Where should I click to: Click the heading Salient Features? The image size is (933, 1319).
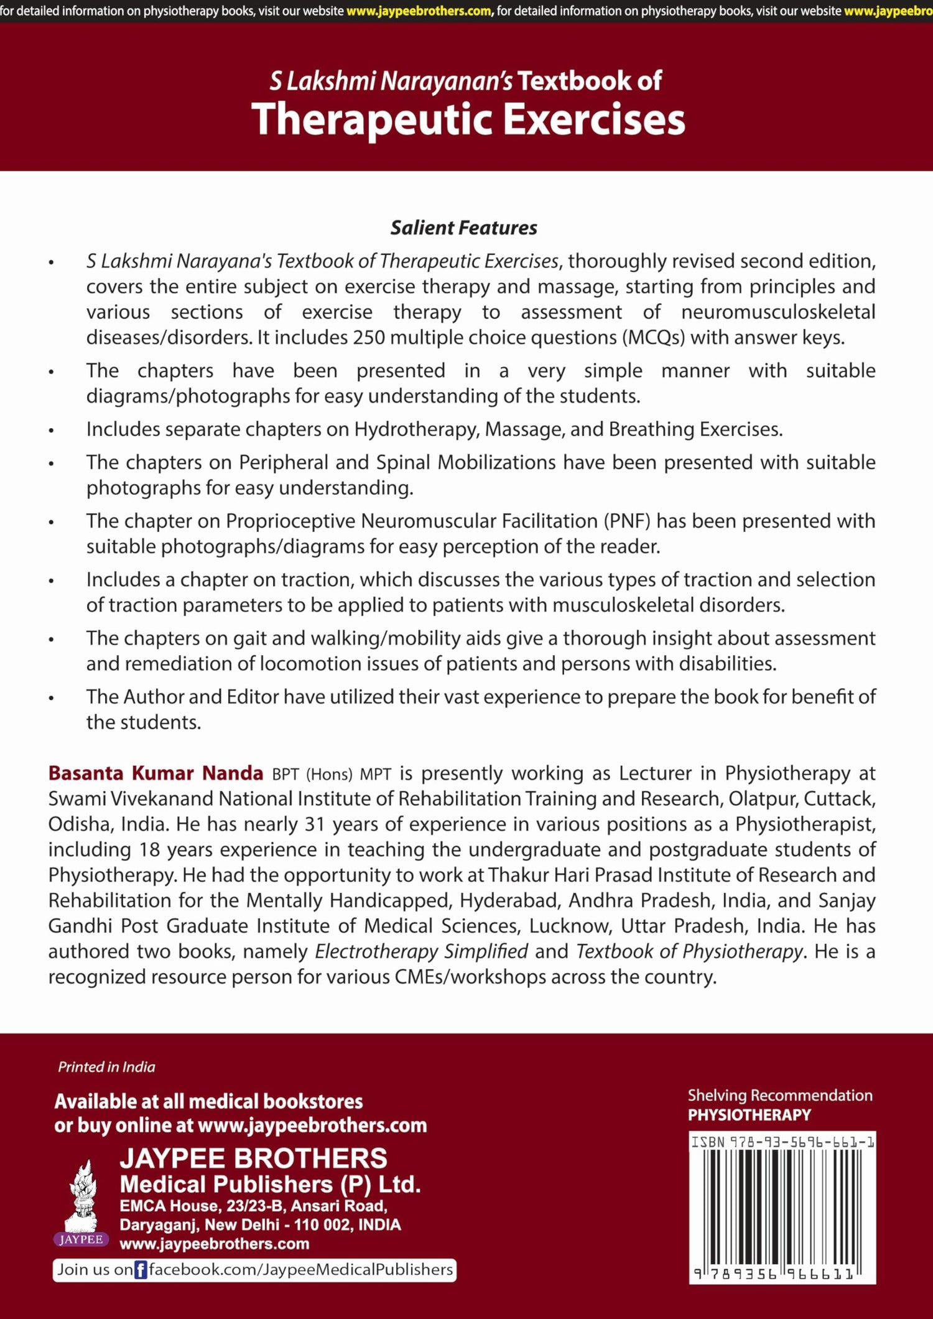[463, 228]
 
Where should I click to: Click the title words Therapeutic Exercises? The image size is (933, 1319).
[468, 119]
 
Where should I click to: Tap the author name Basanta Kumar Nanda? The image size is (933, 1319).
[155, 773]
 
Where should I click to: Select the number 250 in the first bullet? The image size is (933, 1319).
[369, 338]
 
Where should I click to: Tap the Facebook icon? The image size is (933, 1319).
[141, 1270]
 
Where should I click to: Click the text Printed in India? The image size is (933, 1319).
[106, 1067]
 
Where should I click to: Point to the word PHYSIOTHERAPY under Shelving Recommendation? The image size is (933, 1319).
[749, 1115]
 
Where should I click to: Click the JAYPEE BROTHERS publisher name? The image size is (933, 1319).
[253, 1158]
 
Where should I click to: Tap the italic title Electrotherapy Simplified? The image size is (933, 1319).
[421, 951]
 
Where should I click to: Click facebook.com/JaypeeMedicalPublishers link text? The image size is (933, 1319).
[300, 1270]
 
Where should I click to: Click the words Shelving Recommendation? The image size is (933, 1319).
[779, 1096]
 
